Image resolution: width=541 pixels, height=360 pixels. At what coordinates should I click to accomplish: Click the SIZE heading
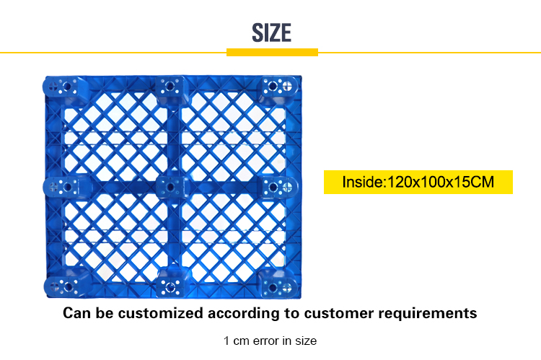coord(271,32)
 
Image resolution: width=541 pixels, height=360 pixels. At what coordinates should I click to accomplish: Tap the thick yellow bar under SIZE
coord(272,52)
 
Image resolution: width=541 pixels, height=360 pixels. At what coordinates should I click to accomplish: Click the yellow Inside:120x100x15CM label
coord(418,182)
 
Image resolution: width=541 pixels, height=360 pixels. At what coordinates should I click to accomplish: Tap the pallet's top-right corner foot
coord(278,87)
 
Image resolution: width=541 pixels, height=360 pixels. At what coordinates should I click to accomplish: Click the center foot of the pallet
coord(171,188)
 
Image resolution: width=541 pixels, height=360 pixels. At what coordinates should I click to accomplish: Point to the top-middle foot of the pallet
coord(170,87)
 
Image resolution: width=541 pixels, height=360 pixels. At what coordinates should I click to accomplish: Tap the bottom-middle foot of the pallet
coord(171,286)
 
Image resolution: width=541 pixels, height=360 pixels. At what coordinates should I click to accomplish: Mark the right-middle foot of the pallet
coord(278,187)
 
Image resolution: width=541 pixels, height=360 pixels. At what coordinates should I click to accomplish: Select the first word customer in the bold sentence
coord(334,313)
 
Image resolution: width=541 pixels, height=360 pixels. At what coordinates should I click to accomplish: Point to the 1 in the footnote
coord(226,341)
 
